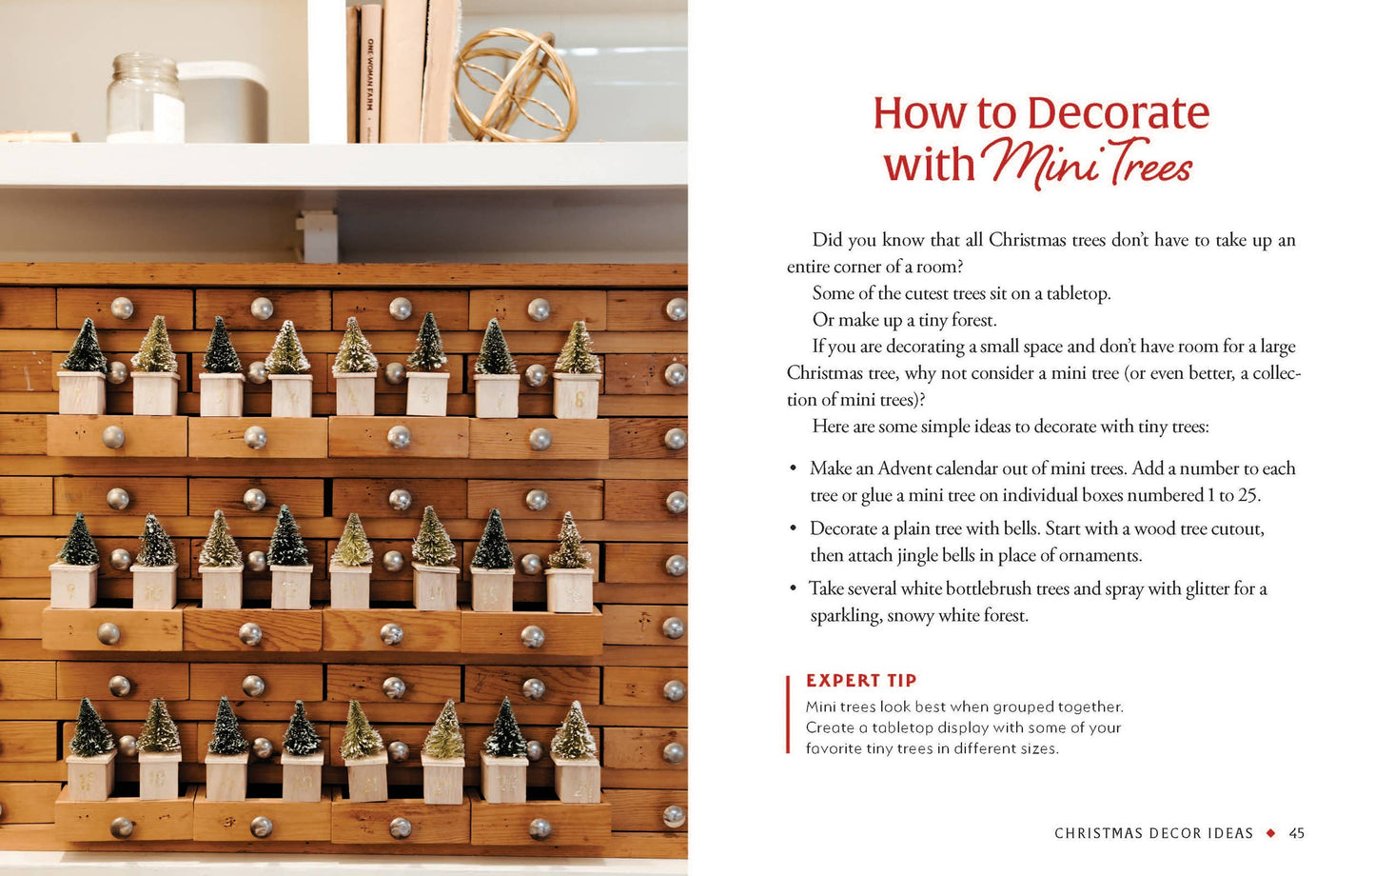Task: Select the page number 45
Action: (1296, 833)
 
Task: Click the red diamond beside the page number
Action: (1270, 833)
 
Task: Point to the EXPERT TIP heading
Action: (861, 680)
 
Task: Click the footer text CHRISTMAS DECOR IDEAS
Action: (1153, 833)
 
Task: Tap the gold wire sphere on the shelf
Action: (515, 85)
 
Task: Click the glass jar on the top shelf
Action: (145, 98)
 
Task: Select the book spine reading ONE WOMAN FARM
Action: (370, 74)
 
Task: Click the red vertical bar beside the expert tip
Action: (788, 714)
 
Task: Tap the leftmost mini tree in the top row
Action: (84, 347)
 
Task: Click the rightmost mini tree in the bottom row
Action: (575, 731)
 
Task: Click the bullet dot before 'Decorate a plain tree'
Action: (794, 529)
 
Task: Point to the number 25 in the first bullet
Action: (1248, 494)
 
